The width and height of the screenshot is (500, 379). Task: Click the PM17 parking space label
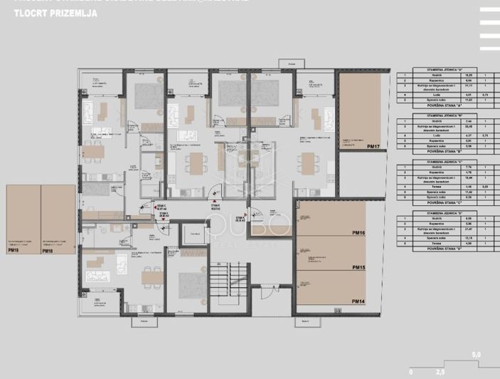375,145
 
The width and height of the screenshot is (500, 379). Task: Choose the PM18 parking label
47,251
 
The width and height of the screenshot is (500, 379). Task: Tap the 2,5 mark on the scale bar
440,372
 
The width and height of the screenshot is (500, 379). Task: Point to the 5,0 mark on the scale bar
477,354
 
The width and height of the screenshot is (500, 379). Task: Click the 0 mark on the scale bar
410,372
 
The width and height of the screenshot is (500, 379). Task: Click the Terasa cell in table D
435,243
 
